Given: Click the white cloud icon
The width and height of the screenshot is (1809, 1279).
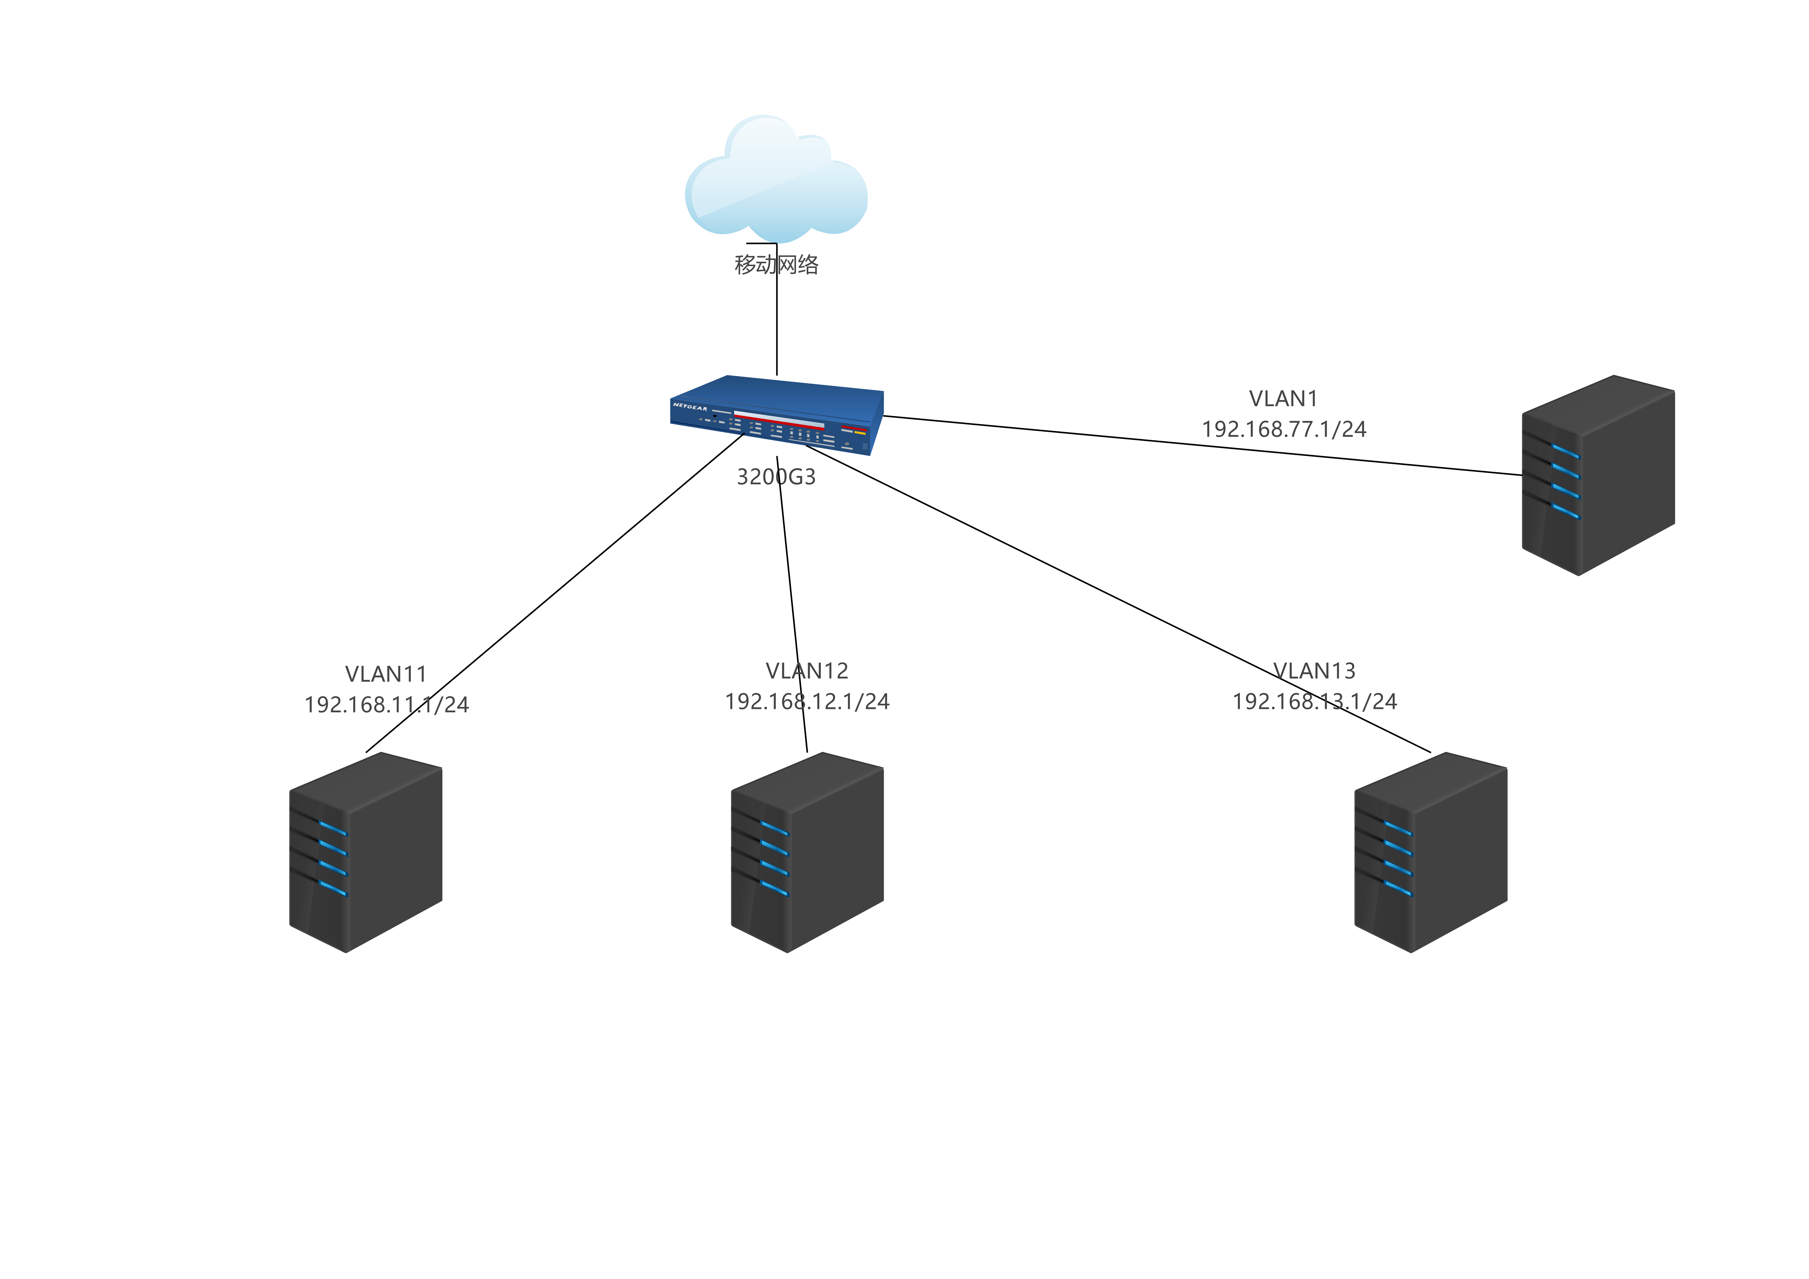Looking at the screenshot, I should pos(776,180).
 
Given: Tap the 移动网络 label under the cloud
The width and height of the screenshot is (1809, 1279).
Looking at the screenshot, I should pos(776,265).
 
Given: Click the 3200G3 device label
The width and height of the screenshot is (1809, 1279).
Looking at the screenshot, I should pos(776,477).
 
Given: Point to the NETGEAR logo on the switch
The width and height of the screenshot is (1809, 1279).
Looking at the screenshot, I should pos(689,407).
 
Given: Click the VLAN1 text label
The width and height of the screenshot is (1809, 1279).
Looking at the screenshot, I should pos(1283,399).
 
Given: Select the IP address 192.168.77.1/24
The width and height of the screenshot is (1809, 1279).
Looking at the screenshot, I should pos(1283,430).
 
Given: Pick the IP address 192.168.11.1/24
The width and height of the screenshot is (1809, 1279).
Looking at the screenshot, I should pos(386,705).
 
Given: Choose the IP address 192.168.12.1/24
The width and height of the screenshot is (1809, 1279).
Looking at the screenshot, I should pos(807,701).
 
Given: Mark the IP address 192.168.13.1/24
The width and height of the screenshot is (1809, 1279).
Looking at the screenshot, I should pos(1314,701).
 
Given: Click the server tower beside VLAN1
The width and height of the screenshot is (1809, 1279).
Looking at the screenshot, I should pos(1598,475).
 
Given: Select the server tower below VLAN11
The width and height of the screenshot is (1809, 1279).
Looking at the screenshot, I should pos(365,853).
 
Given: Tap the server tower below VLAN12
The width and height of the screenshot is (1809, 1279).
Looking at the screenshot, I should pos(807,853).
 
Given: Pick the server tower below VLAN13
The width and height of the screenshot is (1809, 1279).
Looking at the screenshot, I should pos(1430,853).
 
